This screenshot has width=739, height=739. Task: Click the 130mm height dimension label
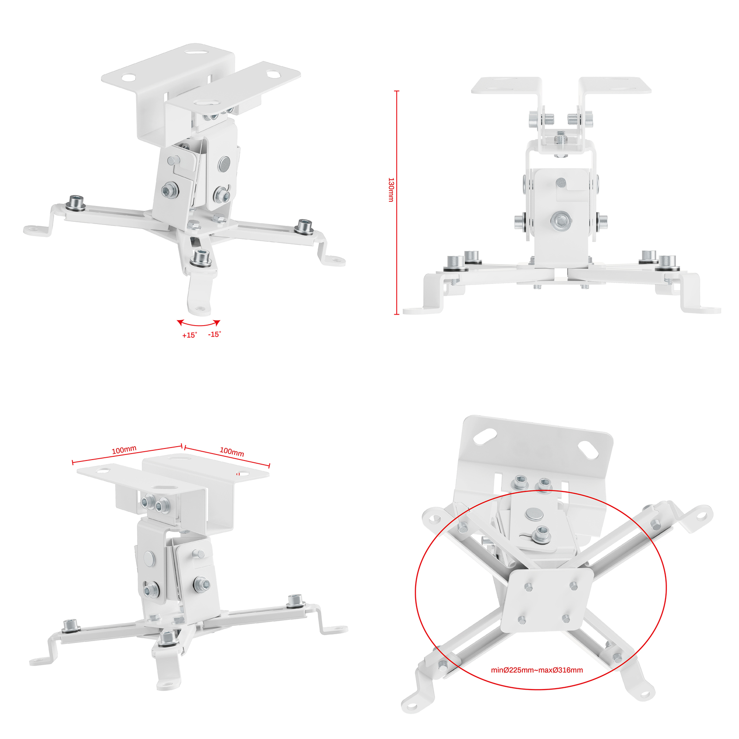(x=391, y=189)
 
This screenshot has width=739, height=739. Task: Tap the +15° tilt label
(x=189, y=335)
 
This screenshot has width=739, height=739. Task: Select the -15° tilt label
(x=214, y=334)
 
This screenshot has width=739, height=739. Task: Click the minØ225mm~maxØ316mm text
(x=537, y=670)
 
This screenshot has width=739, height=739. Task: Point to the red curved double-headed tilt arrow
(x=199, y=325)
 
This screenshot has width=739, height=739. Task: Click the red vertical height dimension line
(x=396, y=202)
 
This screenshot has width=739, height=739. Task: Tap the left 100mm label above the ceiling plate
(x=124, y=450)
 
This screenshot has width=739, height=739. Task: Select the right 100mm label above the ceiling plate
(x=232, y=451)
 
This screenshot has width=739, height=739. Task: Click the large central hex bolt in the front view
(x=561, y=221)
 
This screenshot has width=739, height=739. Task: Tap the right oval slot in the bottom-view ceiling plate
(x=588, y=450)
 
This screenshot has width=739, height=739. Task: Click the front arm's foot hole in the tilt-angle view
(x=200, y=308)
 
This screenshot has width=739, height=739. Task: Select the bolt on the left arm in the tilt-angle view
(x=76, y=202)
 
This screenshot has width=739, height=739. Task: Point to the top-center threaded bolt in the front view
(x=561, y=139)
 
